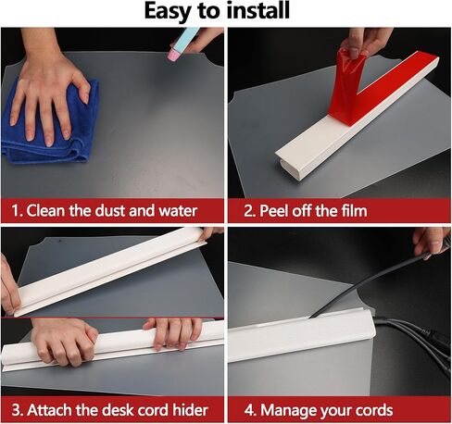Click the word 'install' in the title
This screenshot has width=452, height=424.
pos(257,10)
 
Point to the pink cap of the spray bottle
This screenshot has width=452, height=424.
pos(173,54)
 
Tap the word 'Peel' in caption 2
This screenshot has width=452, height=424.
pos(274,211)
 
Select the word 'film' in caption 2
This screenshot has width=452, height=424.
pos(355,211)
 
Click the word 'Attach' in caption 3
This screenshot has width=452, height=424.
pos(50,410)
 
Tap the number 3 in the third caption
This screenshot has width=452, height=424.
pos(16,410)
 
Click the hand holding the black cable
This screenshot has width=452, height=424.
pos(433,243)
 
